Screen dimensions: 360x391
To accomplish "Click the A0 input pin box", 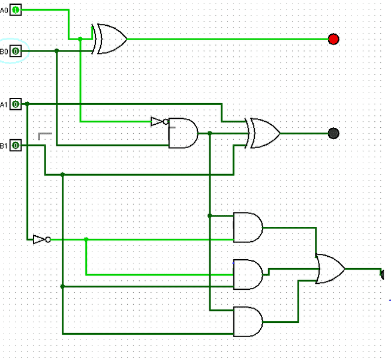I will click(15, 10).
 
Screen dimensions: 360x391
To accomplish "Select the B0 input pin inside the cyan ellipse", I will click(15, 52).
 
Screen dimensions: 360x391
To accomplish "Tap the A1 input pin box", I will click(15, 104).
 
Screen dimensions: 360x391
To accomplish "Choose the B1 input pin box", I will click(15, 145).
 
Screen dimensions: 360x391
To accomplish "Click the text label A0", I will click(4, 10).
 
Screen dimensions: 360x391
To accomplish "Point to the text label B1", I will click(4, 146).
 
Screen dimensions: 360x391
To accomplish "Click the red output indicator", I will click(334, 39).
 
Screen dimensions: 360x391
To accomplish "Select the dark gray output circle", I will click(334, 133).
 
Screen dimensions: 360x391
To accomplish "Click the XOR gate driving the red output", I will click(109, 39).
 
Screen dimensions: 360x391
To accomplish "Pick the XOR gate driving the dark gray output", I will click(264, 133).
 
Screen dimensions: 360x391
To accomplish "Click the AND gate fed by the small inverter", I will click(183, 133).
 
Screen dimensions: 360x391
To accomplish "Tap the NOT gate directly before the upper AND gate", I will click(158, 122).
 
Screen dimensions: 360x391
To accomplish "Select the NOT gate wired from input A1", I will click(40, 239).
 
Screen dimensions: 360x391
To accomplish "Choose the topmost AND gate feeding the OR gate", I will click(248, 227).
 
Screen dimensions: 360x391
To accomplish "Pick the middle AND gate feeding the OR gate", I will click(248, 274).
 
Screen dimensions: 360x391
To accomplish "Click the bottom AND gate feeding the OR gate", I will click(248, 322).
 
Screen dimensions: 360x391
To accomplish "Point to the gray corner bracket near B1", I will click(44, 136).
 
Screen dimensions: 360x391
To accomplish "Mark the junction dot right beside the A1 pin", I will click(27, 104).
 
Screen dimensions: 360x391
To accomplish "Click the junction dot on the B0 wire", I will click(56, 51).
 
